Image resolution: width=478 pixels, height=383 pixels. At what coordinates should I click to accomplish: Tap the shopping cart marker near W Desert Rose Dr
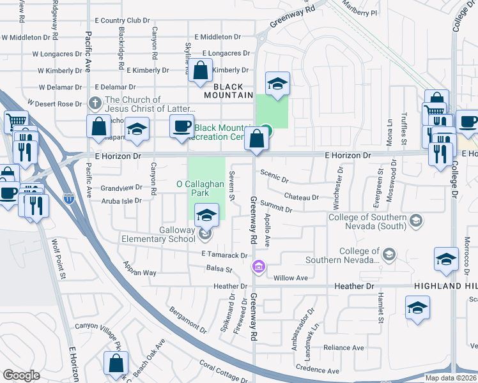15,121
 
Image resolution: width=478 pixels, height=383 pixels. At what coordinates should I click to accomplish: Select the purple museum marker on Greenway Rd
259,266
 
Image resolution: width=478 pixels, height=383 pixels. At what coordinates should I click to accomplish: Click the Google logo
21,375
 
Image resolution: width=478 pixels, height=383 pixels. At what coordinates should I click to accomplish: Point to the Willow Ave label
291,278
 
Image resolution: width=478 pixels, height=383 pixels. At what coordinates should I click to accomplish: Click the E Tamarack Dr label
224,255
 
